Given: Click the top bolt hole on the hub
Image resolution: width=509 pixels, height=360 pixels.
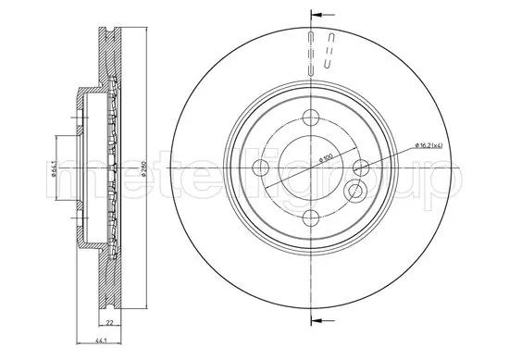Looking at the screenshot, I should pyautogui.click(x=310, y=118).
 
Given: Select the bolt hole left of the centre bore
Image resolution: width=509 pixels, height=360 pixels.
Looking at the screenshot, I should pyautogui.click(x=260, y=168).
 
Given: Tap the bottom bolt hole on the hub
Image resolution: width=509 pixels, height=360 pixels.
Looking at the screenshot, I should pyautogui.click(x=310, y=217).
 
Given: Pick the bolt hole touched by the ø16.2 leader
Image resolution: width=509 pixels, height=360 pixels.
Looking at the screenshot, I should pyautogui.click(x=361, y=168).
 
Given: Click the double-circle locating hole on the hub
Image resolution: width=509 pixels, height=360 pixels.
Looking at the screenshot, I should pyautogui.click(x=354, y=192).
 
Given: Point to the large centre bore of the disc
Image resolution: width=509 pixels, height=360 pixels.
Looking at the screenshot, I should pyautogui.click(x=310, y=168).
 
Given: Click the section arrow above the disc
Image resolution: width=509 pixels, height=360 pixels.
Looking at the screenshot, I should pyautogui.click(x=319, y=15).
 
